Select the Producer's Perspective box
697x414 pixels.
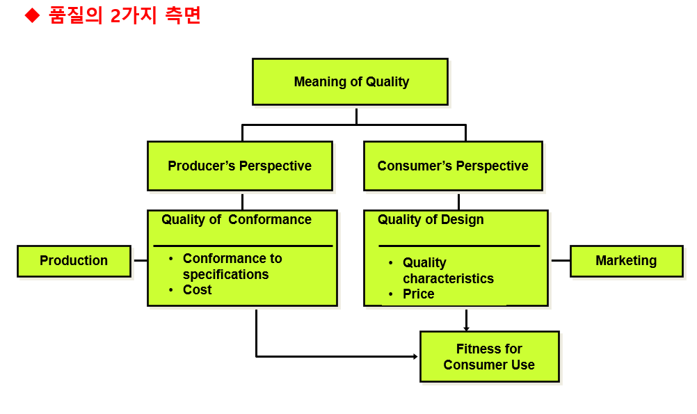click(239, 166)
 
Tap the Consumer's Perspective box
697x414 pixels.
click(453, 166)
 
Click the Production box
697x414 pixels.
click(74, 261)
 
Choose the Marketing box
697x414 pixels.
click(626, 261)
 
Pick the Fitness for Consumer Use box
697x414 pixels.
click(489, 357)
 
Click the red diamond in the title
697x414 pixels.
click(33, 16)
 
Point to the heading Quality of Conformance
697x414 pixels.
click(237, 220)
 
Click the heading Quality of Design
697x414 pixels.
click(431, 220)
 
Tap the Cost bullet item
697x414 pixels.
click(197, 290)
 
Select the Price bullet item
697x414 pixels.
click(418, 294)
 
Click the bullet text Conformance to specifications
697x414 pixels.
click(232, 266)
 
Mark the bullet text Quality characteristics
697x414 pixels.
click(448, 271)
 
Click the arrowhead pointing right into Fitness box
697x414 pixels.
click(415, 356)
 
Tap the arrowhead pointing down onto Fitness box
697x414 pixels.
click(466, 328)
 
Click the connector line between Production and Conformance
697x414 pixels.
click(140, 260)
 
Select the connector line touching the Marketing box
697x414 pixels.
click(561, 260)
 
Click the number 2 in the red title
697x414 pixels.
click(115, 16)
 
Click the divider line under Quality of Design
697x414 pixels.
click(459, 246)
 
